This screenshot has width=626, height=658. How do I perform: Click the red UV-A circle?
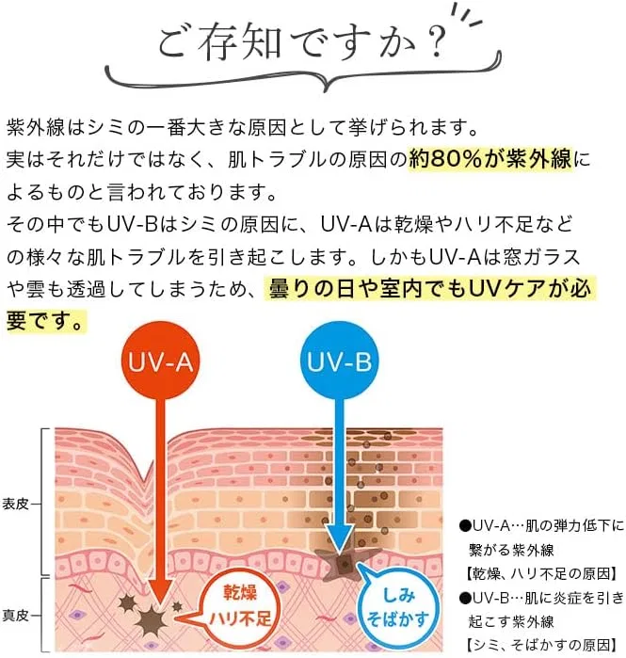160,361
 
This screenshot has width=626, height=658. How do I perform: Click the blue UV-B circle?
339,361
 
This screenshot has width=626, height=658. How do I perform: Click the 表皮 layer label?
15,504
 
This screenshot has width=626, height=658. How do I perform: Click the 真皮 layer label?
15,616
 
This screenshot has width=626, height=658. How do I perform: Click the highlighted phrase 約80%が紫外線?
490,159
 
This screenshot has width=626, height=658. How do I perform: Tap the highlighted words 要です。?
45,321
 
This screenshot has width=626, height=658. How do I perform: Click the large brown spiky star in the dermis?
151,620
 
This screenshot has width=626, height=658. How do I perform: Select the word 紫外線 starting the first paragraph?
36,128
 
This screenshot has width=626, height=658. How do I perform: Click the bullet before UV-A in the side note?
465,526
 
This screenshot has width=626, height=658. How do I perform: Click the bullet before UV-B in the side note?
465,599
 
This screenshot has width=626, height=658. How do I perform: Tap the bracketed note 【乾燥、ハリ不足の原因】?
541,573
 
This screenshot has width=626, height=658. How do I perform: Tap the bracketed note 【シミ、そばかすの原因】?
541,645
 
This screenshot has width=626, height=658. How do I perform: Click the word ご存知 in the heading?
219,42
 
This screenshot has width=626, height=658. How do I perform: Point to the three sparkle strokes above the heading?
467,15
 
